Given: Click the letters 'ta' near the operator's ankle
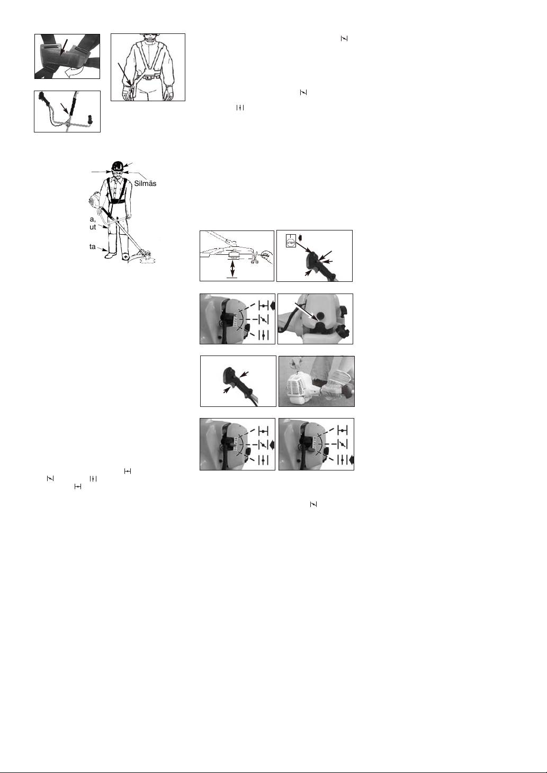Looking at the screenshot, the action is (92, 246).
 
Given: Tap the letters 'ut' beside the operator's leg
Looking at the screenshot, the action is (92, 226).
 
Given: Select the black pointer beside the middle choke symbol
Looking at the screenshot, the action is (272, 443).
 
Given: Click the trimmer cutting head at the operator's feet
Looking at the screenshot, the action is (144, 257).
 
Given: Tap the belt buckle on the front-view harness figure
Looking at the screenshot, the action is (148, 77).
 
